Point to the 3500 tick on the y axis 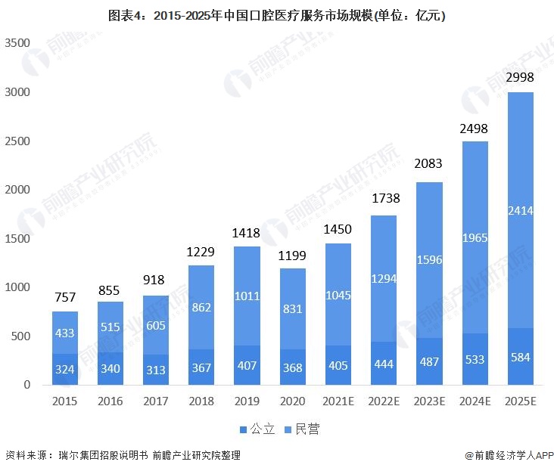[x=17, y=43]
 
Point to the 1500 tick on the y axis [x=17, y=239]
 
